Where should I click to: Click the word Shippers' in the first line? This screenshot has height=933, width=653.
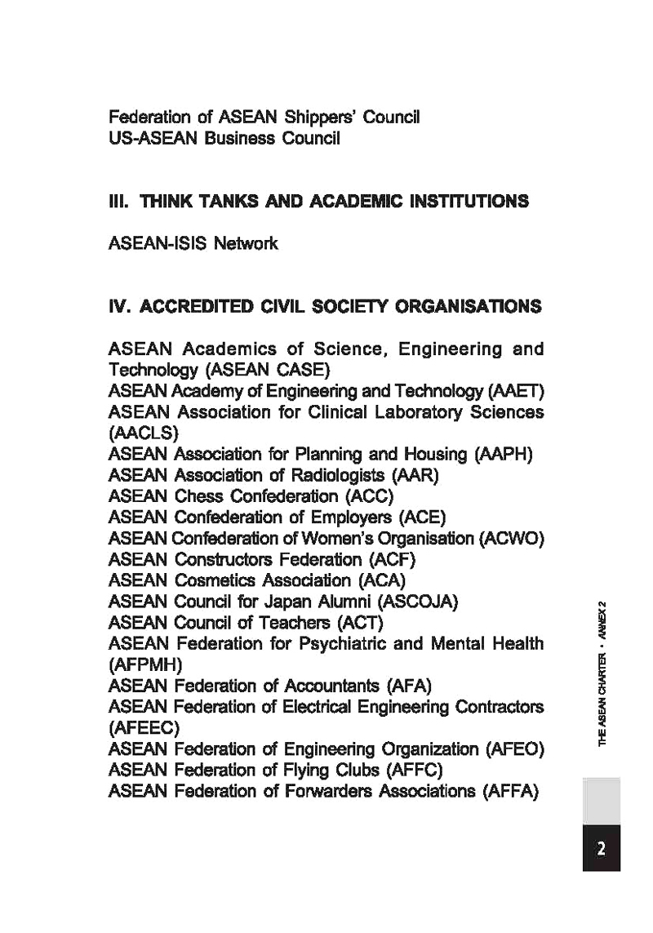point(318,117)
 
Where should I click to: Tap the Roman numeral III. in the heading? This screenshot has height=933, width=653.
point(121,201)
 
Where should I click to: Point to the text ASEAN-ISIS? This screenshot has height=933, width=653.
point(158,243)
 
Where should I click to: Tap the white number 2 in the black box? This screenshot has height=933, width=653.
point(602,849)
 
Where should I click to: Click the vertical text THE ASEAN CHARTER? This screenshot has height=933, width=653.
point(602,701)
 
